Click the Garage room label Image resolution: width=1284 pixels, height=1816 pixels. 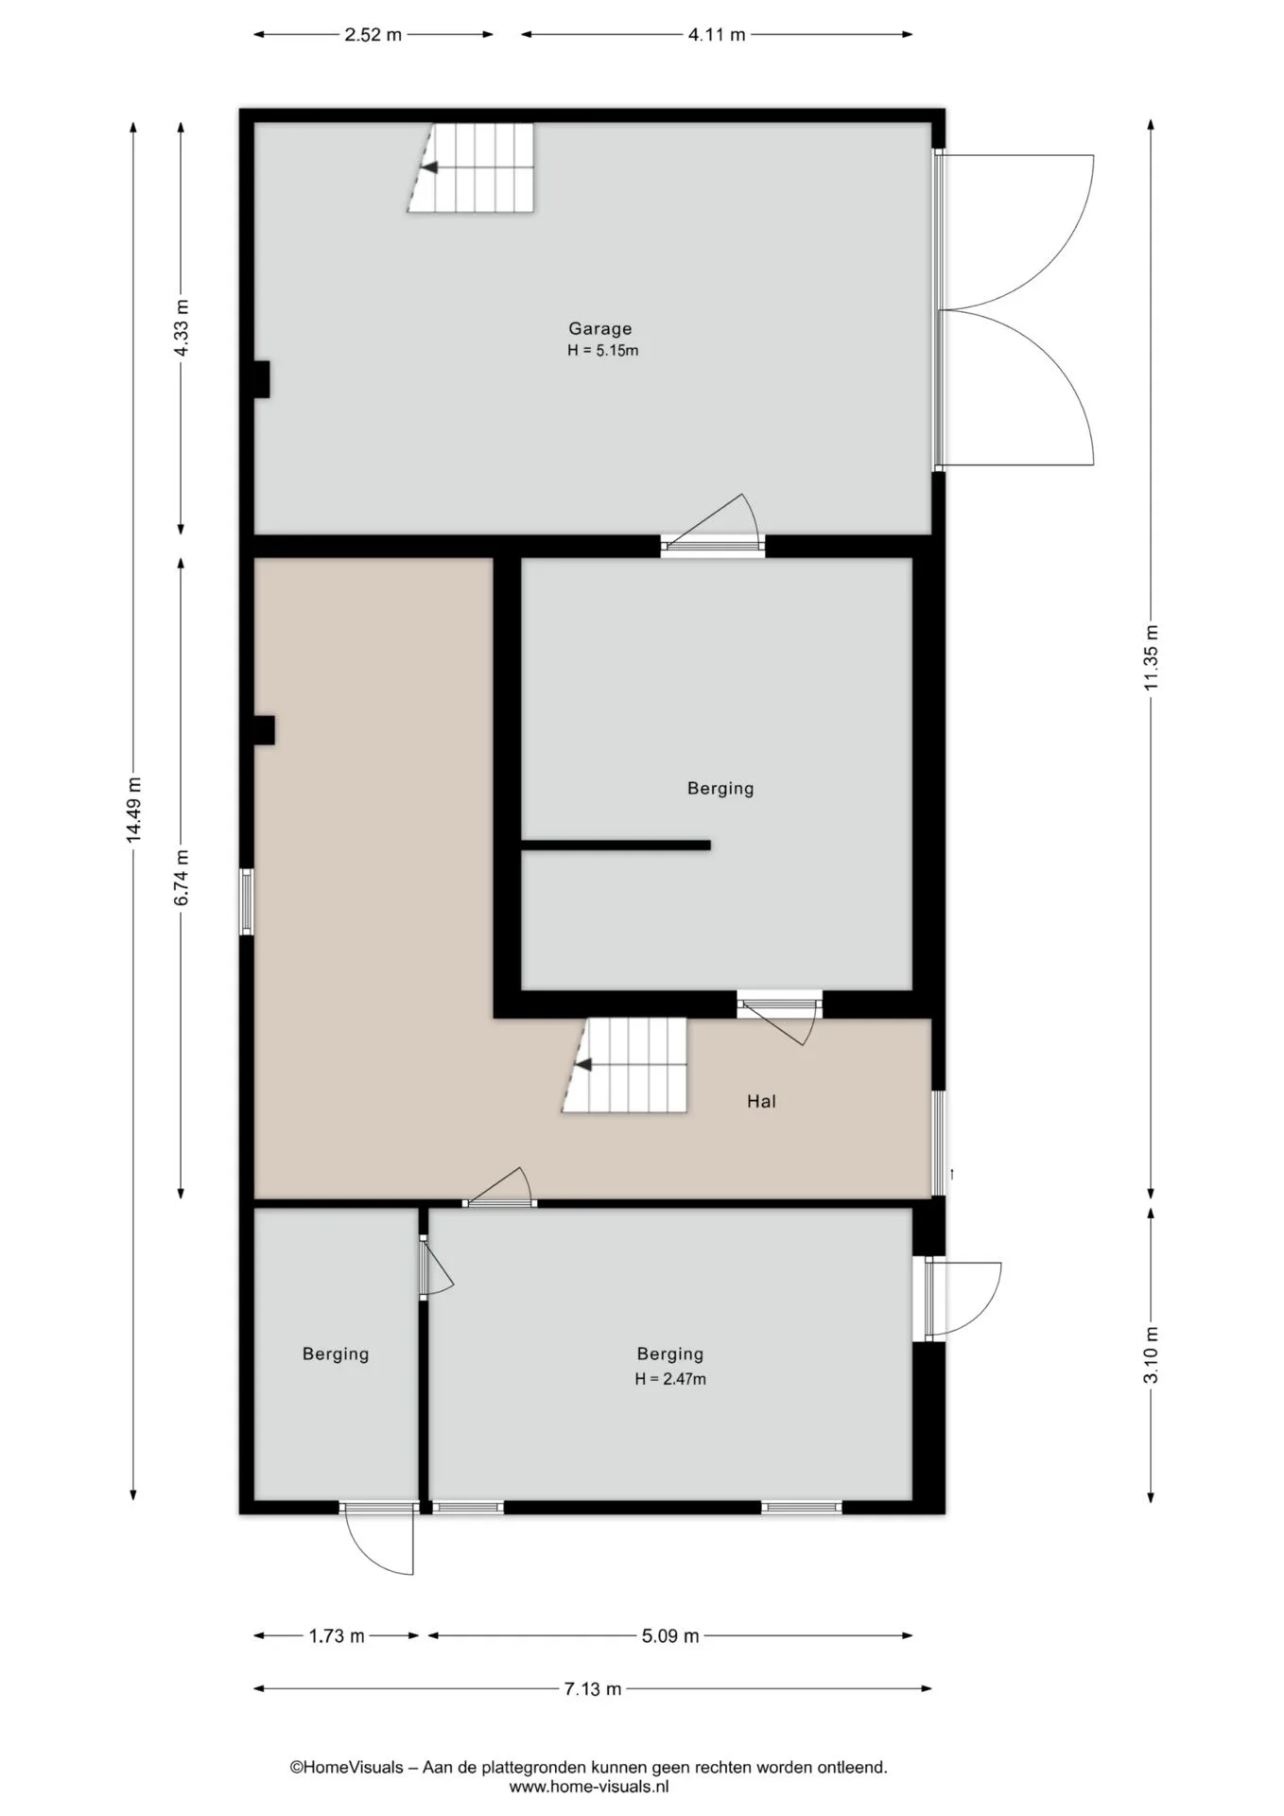coord(599,329)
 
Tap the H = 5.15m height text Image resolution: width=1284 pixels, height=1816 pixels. coord(602,351)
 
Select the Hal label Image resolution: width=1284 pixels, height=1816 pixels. coord(761,1101)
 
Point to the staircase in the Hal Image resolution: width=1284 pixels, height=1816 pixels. coord(624,1065)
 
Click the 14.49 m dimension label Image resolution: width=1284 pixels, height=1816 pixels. coord(133,809)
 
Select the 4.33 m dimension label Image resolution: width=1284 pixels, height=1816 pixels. coord(182,327)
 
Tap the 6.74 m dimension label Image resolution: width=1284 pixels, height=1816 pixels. coord(182,877)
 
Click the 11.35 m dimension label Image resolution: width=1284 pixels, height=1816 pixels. coord(1151,658)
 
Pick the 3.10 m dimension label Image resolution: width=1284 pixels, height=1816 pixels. coord(1151,1354)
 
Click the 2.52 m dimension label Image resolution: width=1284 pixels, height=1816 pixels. coord(373,35)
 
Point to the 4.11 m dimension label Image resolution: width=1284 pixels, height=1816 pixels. coord(717,35)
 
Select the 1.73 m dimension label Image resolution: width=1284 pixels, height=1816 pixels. coord(337,1635)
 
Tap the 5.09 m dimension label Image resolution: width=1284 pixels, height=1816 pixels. coord(670,1635)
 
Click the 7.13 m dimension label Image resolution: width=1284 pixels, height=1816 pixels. coord(594,1688)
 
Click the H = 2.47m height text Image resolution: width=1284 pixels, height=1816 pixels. coord(670,1379)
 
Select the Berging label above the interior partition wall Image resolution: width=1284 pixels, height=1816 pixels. coord(720,788)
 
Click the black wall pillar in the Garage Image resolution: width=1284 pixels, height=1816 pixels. coord(262,379)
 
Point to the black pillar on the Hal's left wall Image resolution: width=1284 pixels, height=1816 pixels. coord(264,730)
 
